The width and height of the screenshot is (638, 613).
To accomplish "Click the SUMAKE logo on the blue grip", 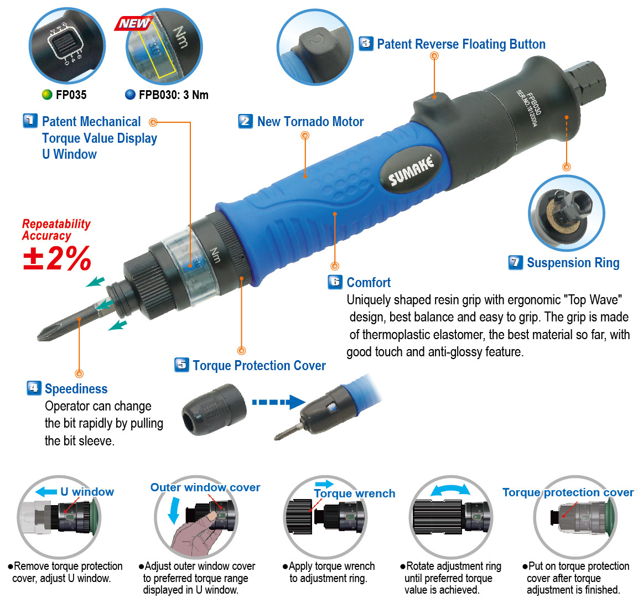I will pos(411,171).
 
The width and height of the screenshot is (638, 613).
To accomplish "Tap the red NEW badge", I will pos(133,23).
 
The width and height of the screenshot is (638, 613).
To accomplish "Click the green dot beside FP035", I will pos(47,95).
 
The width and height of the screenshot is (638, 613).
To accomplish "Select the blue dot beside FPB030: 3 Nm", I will pos(130,95).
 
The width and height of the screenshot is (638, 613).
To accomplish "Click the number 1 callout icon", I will pos(30,121).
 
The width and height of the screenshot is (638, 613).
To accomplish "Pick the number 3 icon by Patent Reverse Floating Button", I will pos(366,44).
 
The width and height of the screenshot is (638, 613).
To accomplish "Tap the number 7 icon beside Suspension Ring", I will pos(515,262).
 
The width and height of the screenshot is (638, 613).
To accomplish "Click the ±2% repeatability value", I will pos(57,258).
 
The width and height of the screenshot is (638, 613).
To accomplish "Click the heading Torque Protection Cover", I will pos(259,366).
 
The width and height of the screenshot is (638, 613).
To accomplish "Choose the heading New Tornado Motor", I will pos(310,122).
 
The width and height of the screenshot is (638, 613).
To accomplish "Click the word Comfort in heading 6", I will pos(369,283).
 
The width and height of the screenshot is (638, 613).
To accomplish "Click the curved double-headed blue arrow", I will pos(450,490).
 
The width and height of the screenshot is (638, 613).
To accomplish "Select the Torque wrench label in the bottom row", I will pos(354,493).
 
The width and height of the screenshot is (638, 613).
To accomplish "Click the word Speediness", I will pos(76,389).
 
